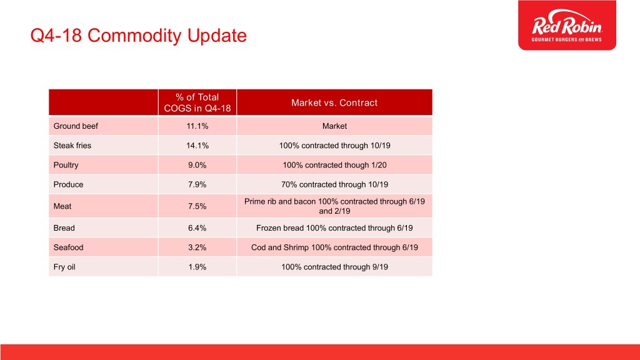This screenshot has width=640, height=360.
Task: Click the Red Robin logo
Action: (567, 25)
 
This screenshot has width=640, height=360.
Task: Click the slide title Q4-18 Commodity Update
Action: (138, 36)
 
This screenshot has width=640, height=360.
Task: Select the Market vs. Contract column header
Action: (334, 103)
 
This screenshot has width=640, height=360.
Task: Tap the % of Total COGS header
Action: (197, 102)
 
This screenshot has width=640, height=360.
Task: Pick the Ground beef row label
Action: (76, 126)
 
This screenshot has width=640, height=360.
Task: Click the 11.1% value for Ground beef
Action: (197, 126)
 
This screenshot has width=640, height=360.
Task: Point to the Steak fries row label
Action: (72, 146)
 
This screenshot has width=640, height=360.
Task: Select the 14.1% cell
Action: (197, 146)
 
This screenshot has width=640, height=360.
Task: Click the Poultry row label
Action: (66, 165)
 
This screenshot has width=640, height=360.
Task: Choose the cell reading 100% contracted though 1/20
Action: (334, 165)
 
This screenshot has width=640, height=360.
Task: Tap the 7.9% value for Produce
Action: (197, 184)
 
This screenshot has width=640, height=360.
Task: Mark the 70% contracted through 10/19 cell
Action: (334, 184)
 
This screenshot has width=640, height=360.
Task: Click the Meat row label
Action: (62, 206)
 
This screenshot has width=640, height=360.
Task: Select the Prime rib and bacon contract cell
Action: (334, 206)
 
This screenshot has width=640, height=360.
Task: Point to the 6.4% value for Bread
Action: (197, 228)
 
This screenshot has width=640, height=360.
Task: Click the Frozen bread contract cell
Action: (334, 228)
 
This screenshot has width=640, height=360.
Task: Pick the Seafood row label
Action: (68, 247)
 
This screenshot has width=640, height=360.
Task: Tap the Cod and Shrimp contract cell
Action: (334, 247)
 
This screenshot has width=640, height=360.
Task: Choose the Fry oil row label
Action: (64, 267)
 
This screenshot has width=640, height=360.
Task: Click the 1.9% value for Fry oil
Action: (197, 267)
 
